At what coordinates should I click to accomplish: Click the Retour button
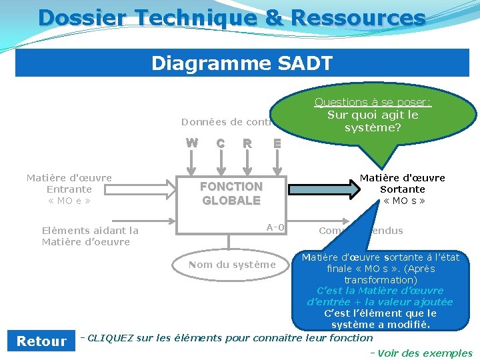[x=41, y=341]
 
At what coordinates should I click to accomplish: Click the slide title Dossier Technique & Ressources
[x=231, y=17]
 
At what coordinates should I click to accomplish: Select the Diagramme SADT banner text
[x=241, y=63]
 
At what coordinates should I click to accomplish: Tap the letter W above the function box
[x=191, y=143]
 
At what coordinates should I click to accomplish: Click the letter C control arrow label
[x=220, y=143]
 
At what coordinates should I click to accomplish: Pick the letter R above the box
[x=247, y=143]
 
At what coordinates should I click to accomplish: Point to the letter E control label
[x=277, y=143]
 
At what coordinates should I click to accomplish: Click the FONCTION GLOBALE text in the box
[x=231, y=193]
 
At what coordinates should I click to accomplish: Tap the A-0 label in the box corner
[x=275, y=227]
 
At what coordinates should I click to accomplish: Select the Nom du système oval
[x=231, y=265]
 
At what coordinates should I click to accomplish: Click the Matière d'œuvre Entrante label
[x=69, y=184]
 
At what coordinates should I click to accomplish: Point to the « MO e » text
[x=69, y=201]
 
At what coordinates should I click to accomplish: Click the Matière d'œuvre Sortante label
[x=403, y=183]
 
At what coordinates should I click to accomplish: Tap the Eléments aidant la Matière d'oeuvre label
[x=90, y=236]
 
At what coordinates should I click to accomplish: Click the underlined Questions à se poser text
[x=373, y=102]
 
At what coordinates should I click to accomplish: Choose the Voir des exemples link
[x=425, y=353]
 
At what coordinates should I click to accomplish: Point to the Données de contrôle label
[x=227, y=122]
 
